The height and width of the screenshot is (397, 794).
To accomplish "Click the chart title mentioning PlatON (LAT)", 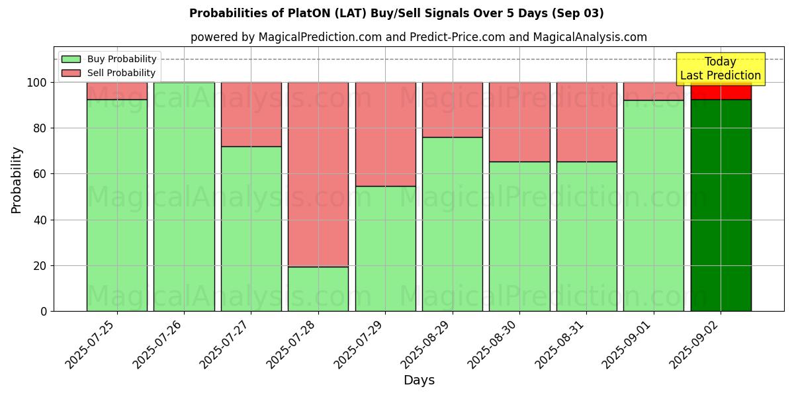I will point(396,13).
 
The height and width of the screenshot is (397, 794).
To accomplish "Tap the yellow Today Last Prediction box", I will point(720,69).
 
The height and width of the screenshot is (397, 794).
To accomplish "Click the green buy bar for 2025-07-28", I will point(318,288).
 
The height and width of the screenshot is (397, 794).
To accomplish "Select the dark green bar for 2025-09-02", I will point(721,205).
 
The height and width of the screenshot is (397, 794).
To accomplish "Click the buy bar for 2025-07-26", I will point(184,197).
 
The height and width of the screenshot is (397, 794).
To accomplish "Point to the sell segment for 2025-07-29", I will point(385,134).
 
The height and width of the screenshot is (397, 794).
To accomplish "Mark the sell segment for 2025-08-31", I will point(586,122).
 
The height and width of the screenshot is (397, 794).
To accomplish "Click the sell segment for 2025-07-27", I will point(251,114).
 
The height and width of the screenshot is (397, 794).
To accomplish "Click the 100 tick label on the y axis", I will point(36,83).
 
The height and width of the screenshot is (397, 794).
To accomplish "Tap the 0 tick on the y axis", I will point(44,311).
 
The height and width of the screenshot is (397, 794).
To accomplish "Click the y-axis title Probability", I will point(17,179).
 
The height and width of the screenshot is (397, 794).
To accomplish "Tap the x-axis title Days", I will point(419,380).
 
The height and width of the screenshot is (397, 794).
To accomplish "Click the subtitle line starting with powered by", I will point(418,37).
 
